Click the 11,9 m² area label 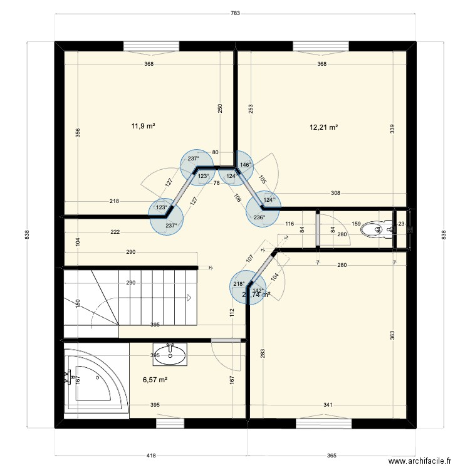tap(143, 126)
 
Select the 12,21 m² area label tap(324, 127)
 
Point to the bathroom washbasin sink tap(170, 354)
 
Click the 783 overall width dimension tap(235, 14)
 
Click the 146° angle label tap(246, 165)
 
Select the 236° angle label tap(259, 217)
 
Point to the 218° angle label tap(239, 284)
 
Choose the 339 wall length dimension tap(392, 128)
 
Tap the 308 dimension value tap(335, 193)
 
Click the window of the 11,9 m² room tap(151, 45)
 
